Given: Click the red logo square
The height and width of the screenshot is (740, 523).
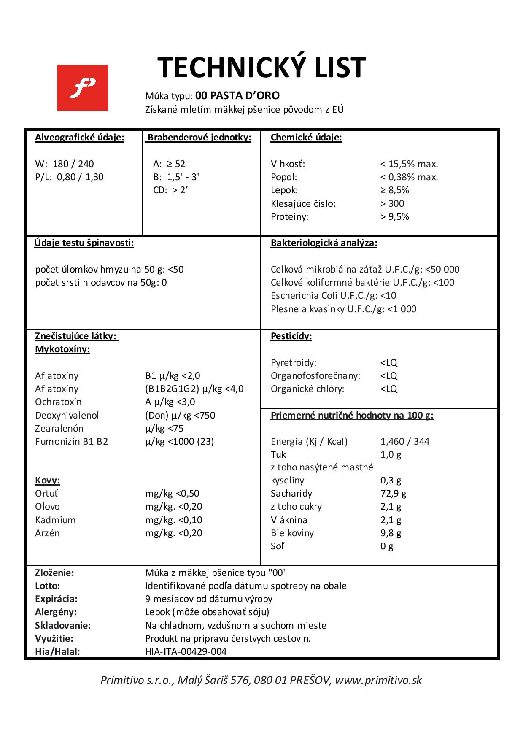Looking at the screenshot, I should point(83,88).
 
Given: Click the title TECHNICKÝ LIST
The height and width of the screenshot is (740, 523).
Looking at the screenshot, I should point(261,68).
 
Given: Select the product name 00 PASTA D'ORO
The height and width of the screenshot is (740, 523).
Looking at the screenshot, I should point(237,95).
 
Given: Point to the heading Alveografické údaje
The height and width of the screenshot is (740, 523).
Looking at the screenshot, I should point(80,138).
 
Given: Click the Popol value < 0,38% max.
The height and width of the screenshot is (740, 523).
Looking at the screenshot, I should point(409,177).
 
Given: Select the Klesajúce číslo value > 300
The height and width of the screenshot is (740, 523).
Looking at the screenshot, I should point(392,203).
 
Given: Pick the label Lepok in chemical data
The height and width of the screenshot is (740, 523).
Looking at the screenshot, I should point(284,190).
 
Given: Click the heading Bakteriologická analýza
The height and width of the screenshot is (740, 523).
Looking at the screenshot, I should point(324,243).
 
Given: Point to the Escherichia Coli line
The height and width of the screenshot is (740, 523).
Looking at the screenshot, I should point(334,295).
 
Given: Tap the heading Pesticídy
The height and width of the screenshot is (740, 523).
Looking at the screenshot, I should point(291,336).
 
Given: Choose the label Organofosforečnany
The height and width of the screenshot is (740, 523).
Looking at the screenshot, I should point(315,375).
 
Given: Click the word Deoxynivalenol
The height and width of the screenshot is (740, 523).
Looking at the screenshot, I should point(67,415).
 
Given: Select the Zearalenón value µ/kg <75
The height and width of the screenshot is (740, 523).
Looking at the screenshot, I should point(164,428).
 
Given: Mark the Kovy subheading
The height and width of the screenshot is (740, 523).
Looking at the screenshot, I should point(48,480).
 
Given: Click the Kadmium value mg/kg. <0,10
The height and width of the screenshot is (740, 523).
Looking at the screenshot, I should point(174,520).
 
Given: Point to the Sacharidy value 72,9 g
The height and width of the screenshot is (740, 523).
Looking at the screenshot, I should point(394,493).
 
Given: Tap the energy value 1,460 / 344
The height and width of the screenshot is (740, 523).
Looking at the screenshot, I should point(405,441).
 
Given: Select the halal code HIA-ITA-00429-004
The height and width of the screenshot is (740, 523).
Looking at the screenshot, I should point(186,651).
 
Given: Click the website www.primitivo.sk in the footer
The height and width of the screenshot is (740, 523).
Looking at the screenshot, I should point(378,680).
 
